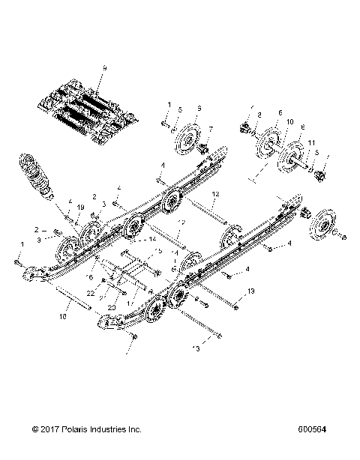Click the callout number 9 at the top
click(x=104, y=69)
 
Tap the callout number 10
click(x=289, y=121)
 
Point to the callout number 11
click(x=311, y=142)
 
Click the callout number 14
click(x=153, y=238)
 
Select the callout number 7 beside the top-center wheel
click(x=211, y=129)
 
